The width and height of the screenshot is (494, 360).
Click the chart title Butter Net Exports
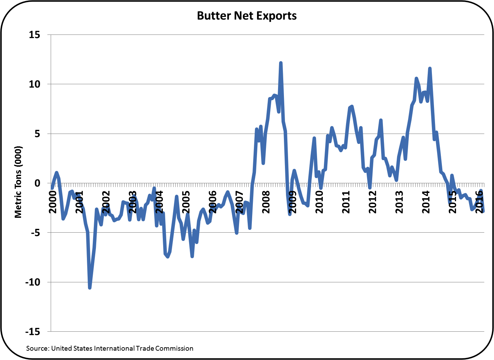point(247,16)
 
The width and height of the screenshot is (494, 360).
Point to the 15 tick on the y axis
point(34,35)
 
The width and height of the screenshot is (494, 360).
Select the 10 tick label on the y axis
point(34,84)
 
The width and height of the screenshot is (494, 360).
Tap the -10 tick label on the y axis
point(32,282)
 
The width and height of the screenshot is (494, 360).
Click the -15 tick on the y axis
point(32,332)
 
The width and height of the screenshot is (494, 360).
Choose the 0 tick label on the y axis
point(37,183)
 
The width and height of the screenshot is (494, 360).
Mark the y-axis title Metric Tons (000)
point(18,182)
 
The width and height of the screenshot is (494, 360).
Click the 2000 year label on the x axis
point(53,202)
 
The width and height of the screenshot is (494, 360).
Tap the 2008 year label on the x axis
point(266,202)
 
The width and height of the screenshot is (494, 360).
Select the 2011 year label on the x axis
point(346,202)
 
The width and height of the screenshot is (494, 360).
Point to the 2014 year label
point(426,202)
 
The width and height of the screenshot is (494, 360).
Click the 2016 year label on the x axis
point(479,202)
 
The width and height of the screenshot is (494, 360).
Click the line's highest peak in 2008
point(281,63)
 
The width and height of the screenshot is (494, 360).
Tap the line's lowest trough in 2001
point(90,288)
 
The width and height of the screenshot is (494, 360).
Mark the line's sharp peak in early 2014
point(429,68)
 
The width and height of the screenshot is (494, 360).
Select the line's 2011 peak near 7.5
point(352,106)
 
